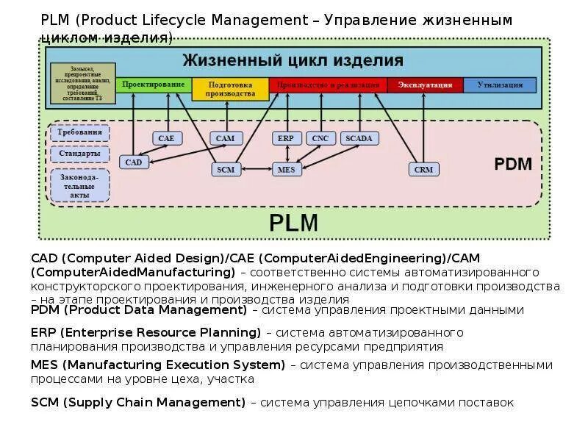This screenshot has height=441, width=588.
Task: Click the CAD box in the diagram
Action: pos(133,162)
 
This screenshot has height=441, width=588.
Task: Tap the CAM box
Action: pos(225,137)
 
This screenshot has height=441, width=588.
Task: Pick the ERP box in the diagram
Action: pos(285,137)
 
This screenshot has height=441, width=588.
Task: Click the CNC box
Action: pos(320,137)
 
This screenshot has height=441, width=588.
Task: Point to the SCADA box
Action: pos(359,137)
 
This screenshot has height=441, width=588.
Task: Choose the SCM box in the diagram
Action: pos(226,169)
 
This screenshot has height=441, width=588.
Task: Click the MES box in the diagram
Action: pos(285,169)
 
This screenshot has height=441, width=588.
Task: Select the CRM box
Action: pos(423,169)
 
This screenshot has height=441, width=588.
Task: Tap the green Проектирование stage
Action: pos(154,85)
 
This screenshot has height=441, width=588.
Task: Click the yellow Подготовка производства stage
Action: pos(230,89)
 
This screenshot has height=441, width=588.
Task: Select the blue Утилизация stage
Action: pos(500,85)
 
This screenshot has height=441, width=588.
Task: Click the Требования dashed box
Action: pos(79,133)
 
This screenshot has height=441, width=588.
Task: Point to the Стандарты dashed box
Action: pos(79,154)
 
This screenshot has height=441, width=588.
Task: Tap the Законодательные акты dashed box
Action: pos(79,185)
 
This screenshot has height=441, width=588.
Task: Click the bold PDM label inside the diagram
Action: pos(512,164)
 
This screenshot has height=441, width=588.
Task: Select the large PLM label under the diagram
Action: pos(293,222)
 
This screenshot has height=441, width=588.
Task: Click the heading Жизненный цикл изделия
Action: pos(293,60)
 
